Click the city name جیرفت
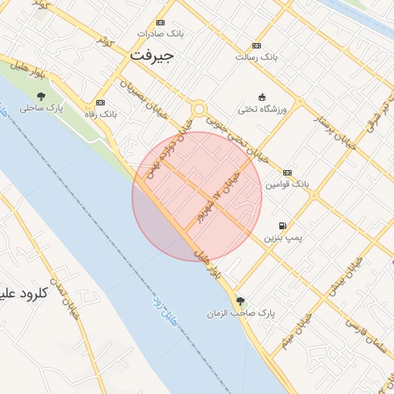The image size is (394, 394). pos(153,56)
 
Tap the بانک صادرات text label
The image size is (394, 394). pos(161,34)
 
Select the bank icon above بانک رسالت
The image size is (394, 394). pos(256,45)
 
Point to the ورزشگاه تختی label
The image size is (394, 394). pos(262,109)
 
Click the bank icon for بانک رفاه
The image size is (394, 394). pos(100,102)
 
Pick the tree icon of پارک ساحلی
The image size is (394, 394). pos(40,96)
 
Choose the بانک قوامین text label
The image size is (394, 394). pos(287,185)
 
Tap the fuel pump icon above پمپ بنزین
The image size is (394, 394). pos(283,226)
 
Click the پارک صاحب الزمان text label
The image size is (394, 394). pos(241,314)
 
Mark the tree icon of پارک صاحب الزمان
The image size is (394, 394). pos(241,301)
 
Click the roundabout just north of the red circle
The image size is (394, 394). pos(199,109)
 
